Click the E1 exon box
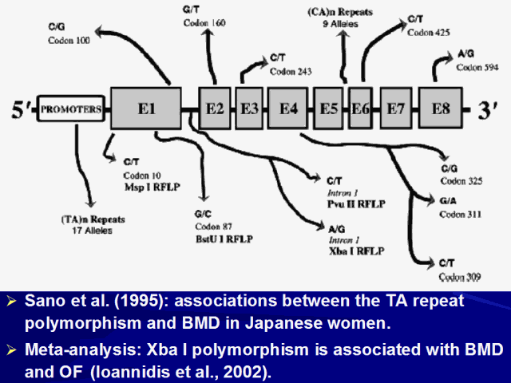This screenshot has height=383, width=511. pos(147,108)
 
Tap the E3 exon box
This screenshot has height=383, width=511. pos(248,108)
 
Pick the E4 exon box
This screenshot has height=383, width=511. pos(288,108)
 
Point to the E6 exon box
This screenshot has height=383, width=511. pos(359,108)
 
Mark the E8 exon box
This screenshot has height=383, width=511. pos(441,108)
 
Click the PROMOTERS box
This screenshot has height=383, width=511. pos(71,109)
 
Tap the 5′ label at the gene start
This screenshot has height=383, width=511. pos(21,109)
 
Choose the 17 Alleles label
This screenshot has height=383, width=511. pos(88,230)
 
